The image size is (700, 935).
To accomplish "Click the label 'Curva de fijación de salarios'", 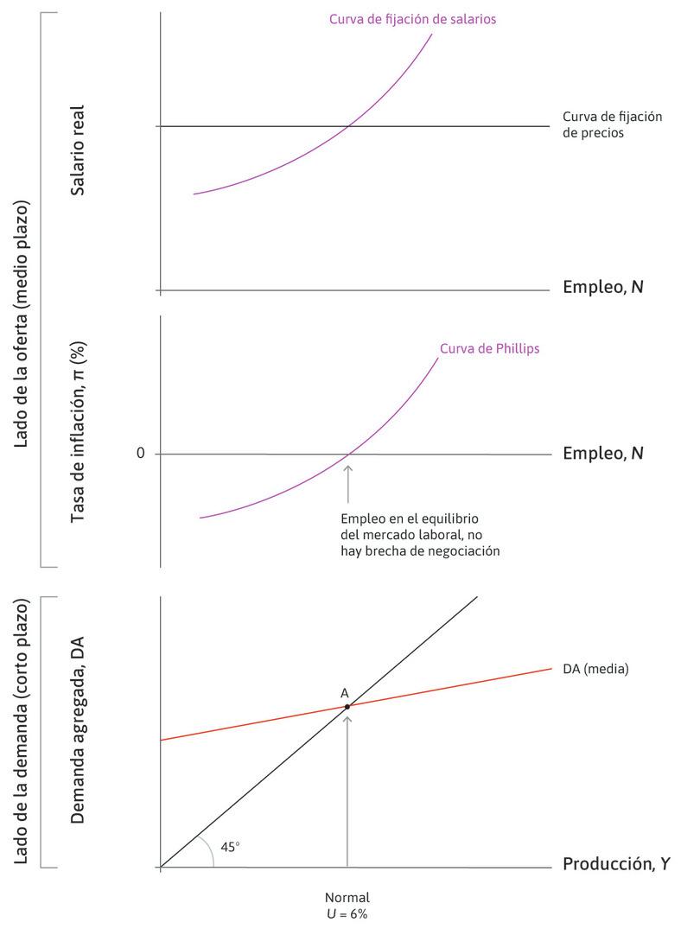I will point(412,19).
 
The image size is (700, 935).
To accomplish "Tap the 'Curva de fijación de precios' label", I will point(612,125).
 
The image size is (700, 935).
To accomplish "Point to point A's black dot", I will point(347,707).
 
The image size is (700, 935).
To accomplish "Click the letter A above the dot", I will point(345,693).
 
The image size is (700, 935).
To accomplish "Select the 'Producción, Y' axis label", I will point(615,864).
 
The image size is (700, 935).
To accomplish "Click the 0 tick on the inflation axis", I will point(140,454).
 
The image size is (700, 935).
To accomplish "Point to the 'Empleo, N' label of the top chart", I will point(602,286).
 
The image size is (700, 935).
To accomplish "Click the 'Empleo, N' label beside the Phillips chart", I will point(602,453).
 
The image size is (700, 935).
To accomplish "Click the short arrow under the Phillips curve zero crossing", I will point(348,483).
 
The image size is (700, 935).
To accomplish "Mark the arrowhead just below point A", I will point(347,718).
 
